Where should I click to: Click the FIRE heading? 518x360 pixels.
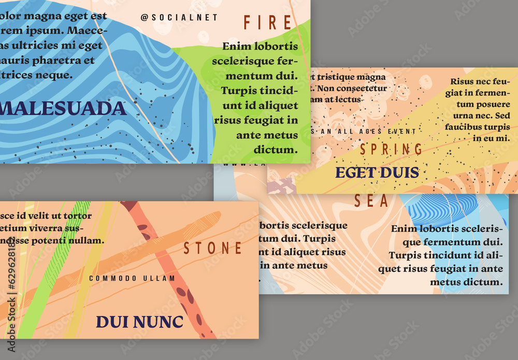[x=268, y=23]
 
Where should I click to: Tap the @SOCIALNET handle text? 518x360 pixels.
[x=179, y=18]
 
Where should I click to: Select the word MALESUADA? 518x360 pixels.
[x=63, y=109]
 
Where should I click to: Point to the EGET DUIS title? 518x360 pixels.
[x=377, y=172]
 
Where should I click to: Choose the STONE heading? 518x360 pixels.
[x=213, y=249]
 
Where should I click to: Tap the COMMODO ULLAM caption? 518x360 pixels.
[x=132, y=278]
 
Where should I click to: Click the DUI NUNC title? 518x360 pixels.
[x=139, y=322]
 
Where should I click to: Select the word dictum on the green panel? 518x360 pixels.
[x=279, y=150]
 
